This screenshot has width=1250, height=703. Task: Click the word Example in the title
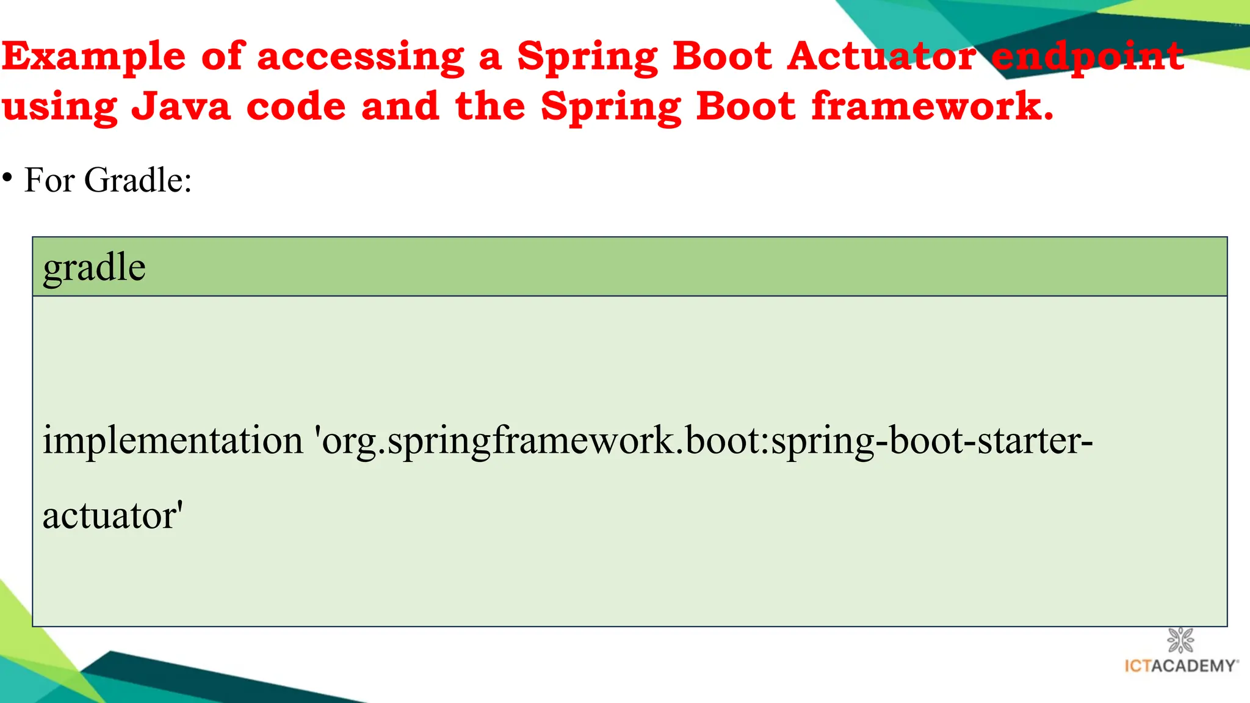pyautogui.click(x=93, y=57)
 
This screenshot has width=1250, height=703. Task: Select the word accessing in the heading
pyautogui.click(x=361, y=57)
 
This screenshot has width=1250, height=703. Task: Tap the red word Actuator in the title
pyautogui.click(x=881, y=57)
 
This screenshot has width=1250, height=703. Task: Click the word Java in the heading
pyautogui.click(x=181, y=106)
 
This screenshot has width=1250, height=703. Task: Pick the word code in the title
pyautogui.click(x=296, y=106)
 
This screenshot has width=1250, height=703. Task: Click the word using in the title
pyautogui.click(x=59, y=107)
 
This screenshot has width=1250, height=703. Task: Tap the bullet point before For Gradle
pyautogui.click(x=7, y=178)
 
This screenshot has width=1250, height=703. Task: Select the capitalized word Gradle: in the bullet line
pyautogui.click(x=138, y=181)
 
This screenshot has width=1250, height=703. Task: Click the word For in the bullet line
pyautogui.click(x=49, y=181)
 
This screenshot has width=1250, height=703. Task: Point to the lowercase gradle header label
pyautogui.click(x=94, y=268)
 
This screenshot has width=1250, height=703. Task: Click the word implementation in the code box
pyautogui.click(x=173, y=440)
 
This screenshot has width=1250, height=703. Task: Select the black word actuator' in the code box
pyautogui.click(x=113, y=516)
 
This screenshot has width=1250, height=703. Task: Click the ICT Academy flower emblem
pyautogui.click(x=1180, y=640)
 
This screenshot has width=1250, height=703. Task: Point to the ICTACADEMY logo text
pyautogui.click(x=1181, y=666)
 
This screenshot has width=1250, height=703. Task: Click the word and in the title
pyautogui.click(x=400, y=106)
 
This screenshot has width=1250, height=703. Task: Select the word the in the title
pyautogui.click(x=490, y=106)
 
